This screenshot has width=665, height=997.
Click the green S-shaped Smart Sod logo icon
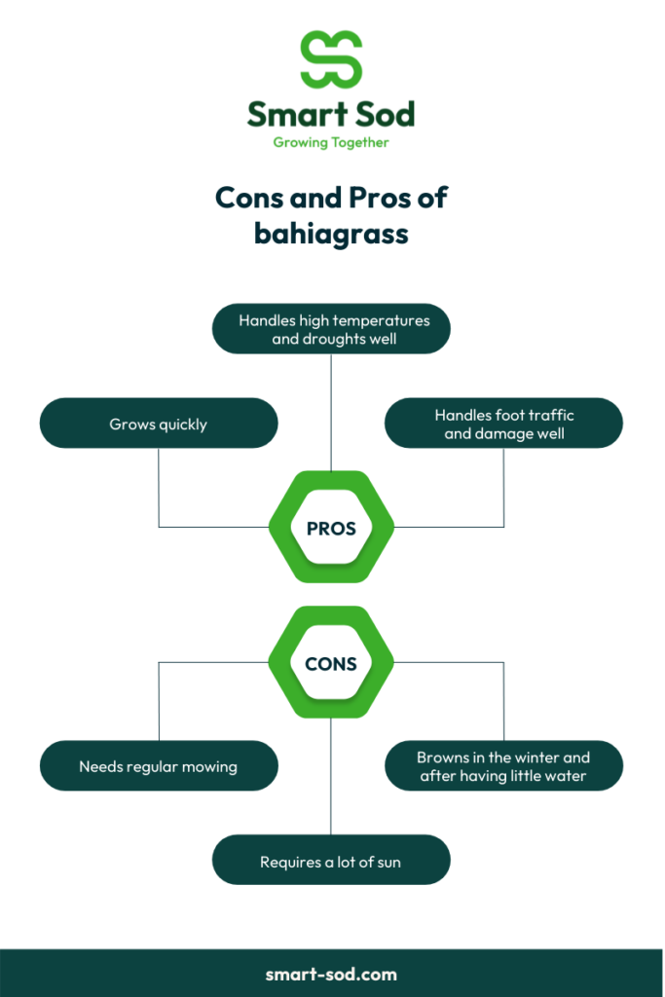tap(331, 59)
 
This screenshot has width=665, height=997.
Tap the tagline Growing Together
tap(331, 142)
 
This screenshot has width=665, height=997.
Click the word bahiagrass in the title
tap(331, 234)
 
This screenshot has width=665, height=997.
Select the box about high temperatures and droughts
tap(331, 329)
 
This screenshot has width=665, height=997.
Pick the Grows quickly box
tap(159, 424)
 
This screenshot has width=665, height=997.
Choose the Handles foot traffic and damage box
tap(503, 424)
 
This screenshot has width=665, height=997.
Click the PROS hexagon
tap(331, 527)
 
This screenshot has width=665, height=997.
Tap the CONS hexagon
tap(331, 662)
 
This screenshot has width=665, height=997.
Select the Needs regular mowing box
tap(159, 765)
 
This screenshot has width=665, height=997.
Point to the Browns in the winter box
tap(503, 765)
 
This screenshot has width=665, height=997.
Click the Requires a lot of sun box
tap(331, 860)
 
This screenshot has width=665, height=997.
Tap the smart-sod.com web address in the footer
tap(331, 974)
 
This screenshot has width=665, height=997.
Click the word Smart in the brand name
tap(295, 115)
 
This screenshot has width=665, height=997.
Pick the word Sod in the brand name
tap(384, 115)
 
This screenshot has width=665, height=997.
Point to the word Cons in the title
tap(248, 198)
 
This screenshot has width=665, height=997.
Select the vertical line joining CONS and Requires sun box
tap(331, 776)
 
